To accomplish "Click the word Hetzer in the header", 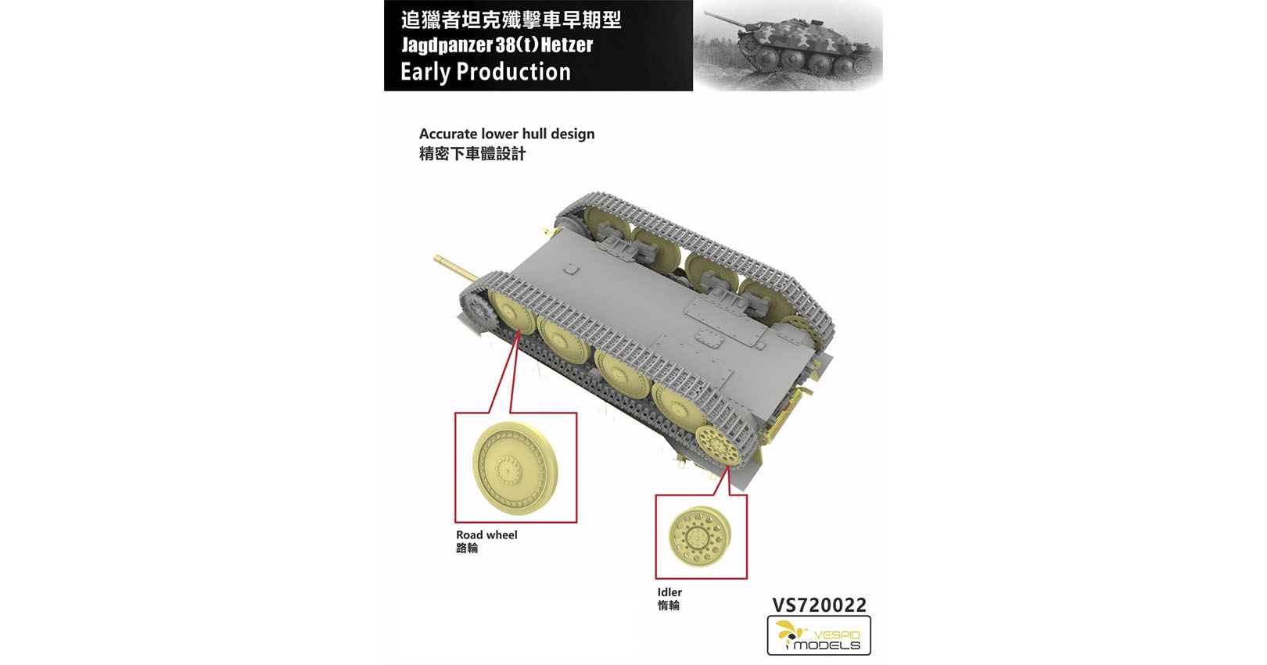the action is (x=567, y=45).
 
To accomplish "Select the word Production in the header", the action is (x=514, y=71).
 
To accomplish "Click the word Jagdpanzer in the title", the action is (x=447, y=45).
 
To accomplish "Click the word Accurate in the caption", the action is (x=448, y=134).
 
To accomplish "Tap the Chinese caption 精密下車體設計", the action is (x=472, y=154).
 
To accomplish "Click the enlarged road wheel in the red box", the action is (x=515, y=468).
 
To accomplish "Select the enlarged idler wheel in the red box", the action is (x=700, y=535).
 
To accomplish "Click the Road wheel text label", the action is (x=486, y=535).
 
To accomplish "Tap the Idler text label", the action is (x=669, y=592).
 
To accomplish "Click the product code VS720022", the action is (x=819, y=605).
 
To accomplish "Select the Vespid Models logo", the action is (x=818, y=635).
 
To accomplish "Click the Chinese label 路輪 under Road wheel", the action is (x=467, y=548).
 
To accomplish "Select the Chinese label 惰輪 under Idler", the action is (x=668, y=605).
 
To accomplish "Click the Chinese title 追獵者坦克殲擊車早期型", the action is (x=511, y=20).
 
